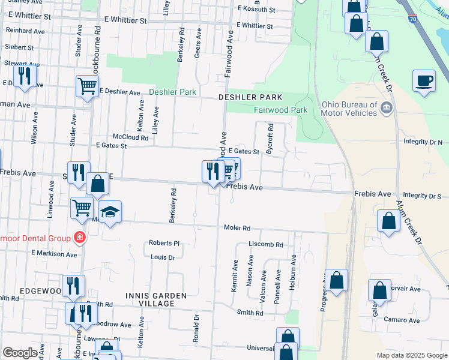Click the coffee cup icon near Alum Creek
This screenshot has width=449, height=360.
[424, 80]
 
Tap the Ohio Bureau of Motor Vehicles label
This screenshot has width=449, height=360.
[349, 108]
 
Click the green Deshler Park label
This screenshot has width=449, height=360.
[172, 92]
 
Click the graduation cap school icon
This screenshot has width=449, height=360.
[110, 212]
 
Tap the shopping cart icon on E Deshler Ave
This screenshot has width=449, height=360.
[87, 86]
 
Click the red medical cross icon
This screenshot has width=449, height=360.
[79, 238]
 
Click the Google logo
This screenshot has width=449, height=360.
[20, 353]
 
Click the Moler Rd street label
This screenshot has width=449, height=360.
[237, 228]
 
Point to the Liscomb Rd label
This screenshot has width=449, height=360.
[265, 245]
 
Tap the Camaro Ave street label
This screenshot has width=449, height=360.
[402, 320]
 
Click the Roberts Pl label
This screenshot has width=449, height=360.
[164, 244]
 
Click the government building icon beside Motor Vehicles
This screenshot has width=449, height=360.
[387, 107]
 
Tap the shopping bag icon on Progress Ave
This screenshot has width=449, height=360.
[337, 280]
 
